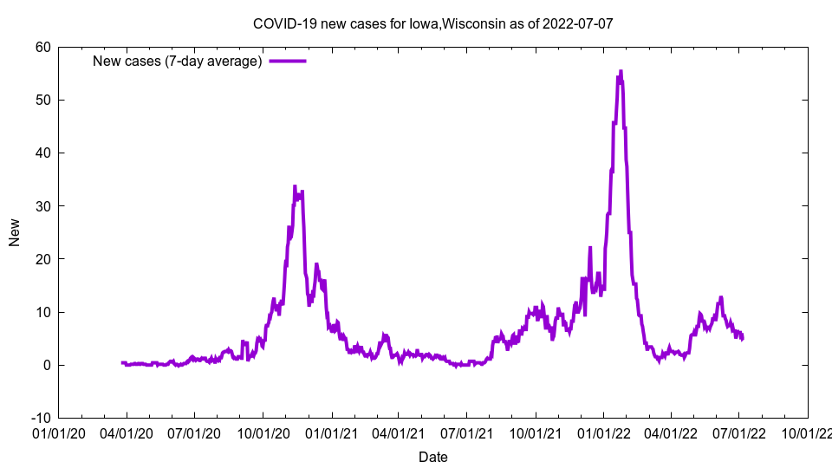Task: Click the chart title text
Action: pos(432,23)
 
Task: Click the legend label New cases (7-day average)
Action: pos(178,61)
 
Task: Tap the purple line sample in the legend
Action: pos(288,61)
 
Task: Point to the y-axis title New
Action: pos(15,232)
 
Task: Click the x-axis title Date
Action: pos(433,457)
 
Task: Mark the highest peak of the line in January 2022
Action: pos(621,71)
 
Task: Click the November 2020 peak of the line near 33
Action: pos(295,186)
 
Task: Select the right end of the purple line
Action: pos(743,338)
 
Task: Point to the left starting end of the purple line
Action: pos(122,362)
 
